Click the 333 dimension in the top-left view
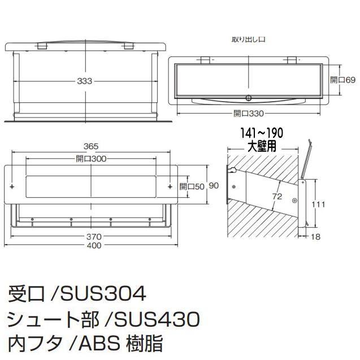click(x=85, y=81)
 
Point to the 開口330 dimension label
click(x=249, y=114)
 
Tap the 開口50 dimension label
click(x=192, y=186)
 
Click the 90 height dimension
click(x=214, y=186)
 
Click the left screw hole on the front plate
click(x=12, y=185)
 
